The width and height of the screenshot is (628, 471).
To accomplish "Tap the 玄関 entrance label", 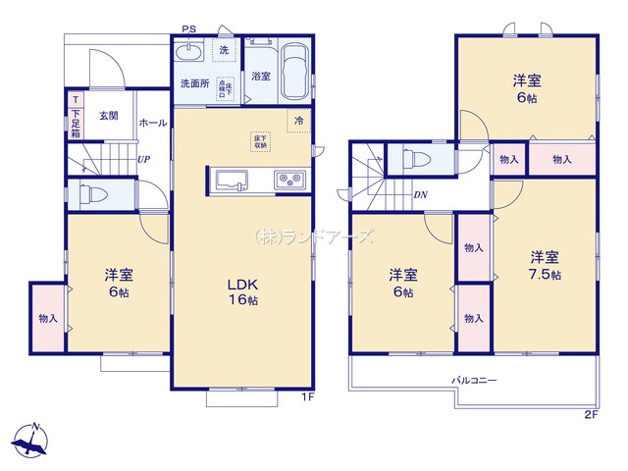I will (x=109, y=116).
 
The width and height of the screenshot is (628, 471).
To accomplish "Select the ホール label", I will (x=152, y=123).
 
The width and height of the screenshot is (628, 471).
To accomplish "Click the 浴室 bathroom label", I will (x=260, y=76).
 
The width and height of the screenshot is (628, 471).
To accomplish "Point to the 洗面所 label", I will (x=193, y=83).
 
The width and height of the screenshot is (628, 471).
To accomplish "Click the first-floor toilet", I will (x=90, y=194).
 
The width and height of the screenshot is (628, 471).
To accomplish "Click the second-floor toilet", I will (x=416, y=158).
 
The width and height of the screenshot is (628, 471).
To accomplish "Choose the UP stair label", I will (x=143, y=159).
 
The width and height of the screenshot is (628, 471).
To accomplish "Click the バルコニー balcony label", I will (x=474, y=380).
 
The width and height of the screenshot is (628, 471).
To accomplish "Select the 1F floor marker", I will (x=305, y=397).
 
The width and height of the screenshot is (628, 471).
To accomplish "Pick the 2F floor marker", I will (x=590, y=415).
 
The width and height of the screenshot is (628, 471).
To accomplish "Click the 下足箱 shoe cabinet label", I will (x=76, y=124).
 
